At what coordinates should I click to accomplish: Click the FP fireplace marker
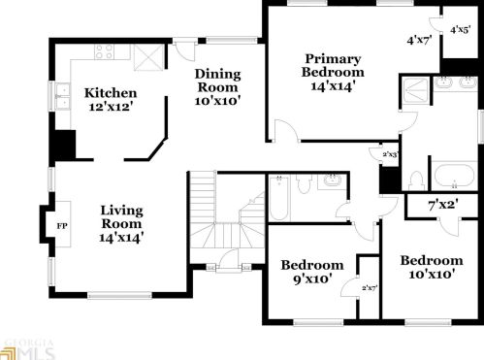pos(62,226)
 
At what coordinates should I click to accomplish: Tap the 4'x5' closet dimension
pos(460,30)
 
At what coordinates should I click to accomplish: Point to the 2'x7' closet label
pos(369,288)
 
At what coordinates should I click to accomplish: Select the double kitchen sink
pos(62,95)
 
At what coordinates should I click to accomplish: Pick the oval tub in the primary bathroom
pos(452,178)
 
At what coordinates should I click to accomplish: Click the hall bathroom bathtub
pos(277,198)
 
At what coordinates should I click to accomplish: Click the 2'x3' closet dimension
pos(390,154)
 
